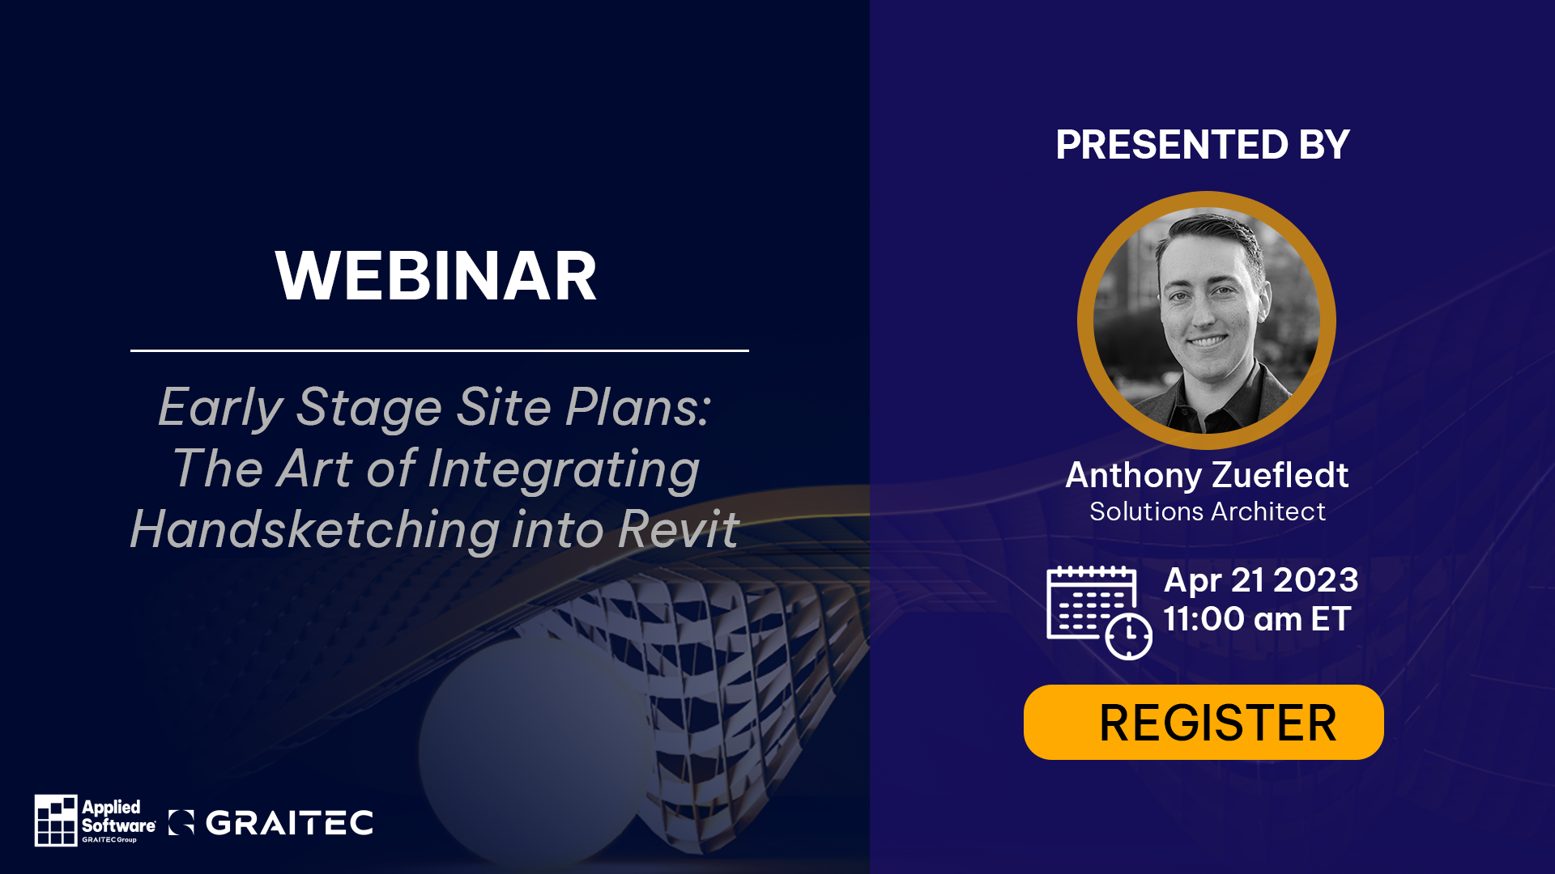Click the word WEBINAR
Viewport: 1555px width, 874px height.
click(436, 277)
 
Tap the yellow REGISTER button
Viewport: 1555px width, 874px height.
click(1204, 722)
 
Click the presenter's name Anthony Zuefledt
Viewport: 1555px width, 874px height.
click(1207, 475)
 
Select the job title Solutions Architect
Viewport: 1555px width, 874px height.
click(1207, 511)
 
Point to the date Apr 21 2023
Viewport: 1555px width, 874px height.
click(1260, 580)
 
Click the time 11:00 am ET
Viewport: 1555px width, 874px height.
click(1257, 619)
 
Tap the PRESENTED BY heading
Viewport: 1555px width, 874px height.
click(1203, 145)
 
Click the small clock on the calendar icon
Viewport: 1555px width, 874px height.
click(1129, 636)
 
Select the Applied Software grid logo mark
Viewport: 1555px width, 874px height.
click(56, 820)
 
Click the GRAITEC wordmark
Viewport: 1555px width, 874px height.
click(289, 823)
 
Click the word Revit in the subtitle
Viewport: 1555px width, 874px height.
click(679, 529)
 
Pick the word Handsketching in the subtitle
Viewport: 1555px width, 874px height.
click(315, 531)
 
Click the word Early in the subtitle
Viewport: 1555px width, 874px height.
click(219, 407)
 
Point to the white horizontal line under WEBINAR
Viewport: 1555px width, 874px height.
click(439, 350)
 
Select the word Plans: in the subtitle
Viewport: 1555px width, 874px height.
click(638, 406)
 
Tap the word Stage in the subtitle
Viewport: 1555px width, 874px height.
click(369, 408)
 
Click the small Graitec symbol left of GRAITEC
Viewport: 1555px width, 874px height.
click(181, 822)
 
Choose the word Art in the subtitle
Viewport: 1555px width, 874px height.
click(313, 469)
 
